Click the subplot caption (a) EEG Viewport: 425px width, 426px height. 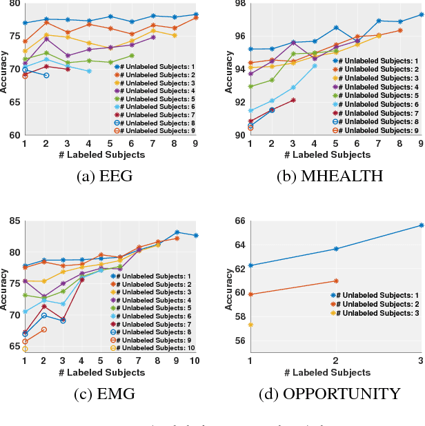[106, 176]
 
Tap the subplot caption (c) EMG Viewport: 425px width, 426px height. [106, 394]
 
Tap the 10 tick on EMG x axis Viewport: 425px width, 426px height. [195, 360]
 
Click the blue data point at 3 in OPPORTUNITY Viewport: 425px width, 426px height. [421, 225]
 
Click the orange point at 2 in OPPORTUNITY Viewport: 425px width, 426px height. [336, 281]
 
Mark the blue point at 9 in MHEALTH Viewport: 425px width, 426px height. [421, 14]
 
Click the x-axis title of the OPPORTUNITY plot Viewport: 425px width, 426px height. [335, 372]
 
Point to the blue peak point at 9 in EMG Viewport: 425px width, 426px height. [177, 232]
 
